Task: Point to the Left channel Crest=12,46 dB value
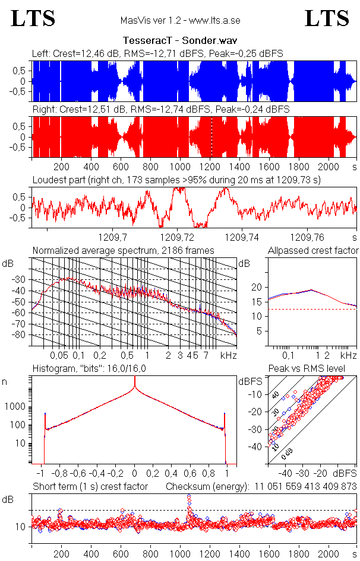(x=89, y=54)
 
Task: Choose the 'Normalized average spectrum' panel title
(x=123, y=250)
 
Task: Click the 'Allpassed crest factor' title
(x=313, y=250)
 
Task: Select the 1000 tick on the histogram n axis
(x=15, y=407)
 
